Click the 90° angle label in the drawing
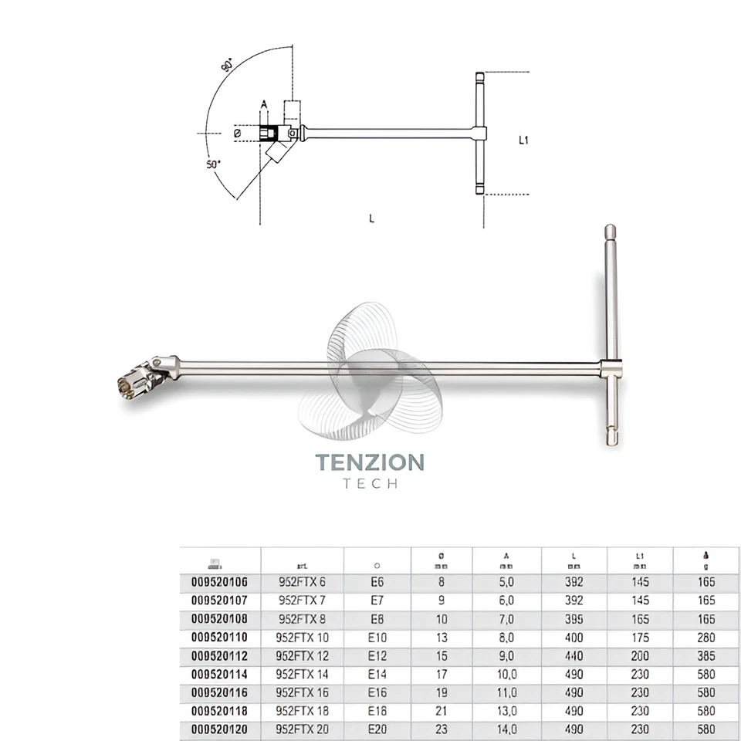click(228, 66)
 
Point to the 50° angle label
click(214, 164)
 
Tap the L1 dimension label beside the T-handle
click(524, 140)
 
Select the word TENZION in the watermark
click(370, 463)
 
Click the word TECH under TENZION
click(370, 484)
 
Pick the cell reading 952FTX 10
click(303, 638)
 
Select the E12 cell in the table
click(378, 656)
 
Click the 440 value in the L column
click(574, 656)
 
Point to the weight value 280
click(705, 638)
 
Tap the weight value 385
click(705, 656)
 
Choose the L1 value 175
click(640, 638)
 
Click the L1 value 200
click(640, 656)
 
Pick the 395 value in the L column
click(574, 619)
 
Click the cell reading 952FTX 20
click(303, 729)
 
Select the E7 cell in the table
click(378, 601)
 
